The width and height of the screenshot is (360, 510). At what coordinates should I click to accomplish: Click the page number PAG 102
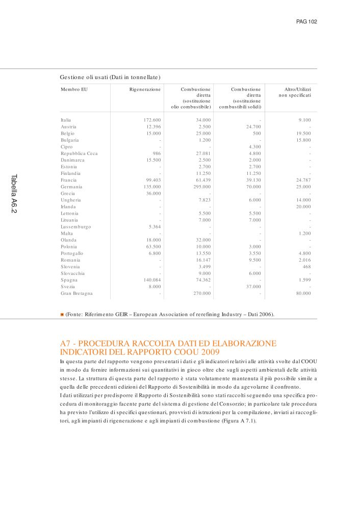306,22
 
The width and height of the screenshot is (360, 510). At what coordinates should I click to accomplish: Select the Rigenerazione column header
145,89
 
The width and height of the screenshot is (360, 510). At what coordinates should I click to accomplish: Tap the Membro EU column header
74,89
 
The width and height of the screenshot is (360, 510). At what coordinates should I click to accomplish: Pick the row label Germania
71,187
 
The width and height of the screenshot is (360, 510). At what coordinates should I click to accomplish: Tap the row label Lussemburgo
76,226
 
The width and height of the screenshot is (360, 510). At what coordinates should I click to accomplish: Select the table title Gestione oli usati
110,77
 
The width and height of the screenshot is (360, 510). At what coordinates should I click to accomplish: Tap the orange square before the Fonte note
62,314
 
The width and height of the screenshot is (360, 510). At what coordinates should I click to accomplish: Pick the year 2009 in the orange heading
209,352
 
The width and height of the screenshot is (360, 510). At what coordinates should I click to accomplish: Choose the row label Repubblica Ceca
79,154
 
